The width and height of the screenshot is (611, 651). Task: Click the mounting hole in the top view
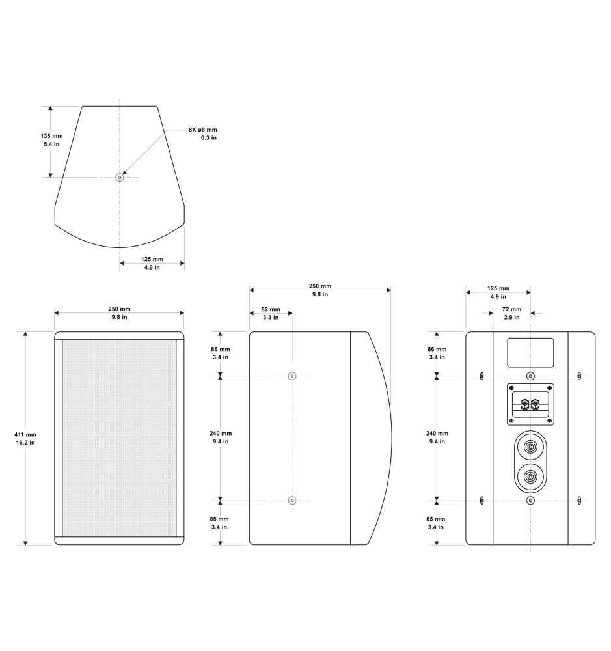(120, 177)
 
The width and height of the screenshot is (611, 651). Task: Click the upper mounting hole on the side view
(292, 376)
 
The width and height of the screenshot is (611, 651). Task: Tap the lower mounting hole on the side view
(292, 500)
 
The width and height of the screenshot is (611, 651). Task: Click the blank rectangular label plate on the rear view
(530, 352)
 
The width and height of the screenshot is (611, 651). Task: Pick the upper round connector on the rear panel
(530, 447)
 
